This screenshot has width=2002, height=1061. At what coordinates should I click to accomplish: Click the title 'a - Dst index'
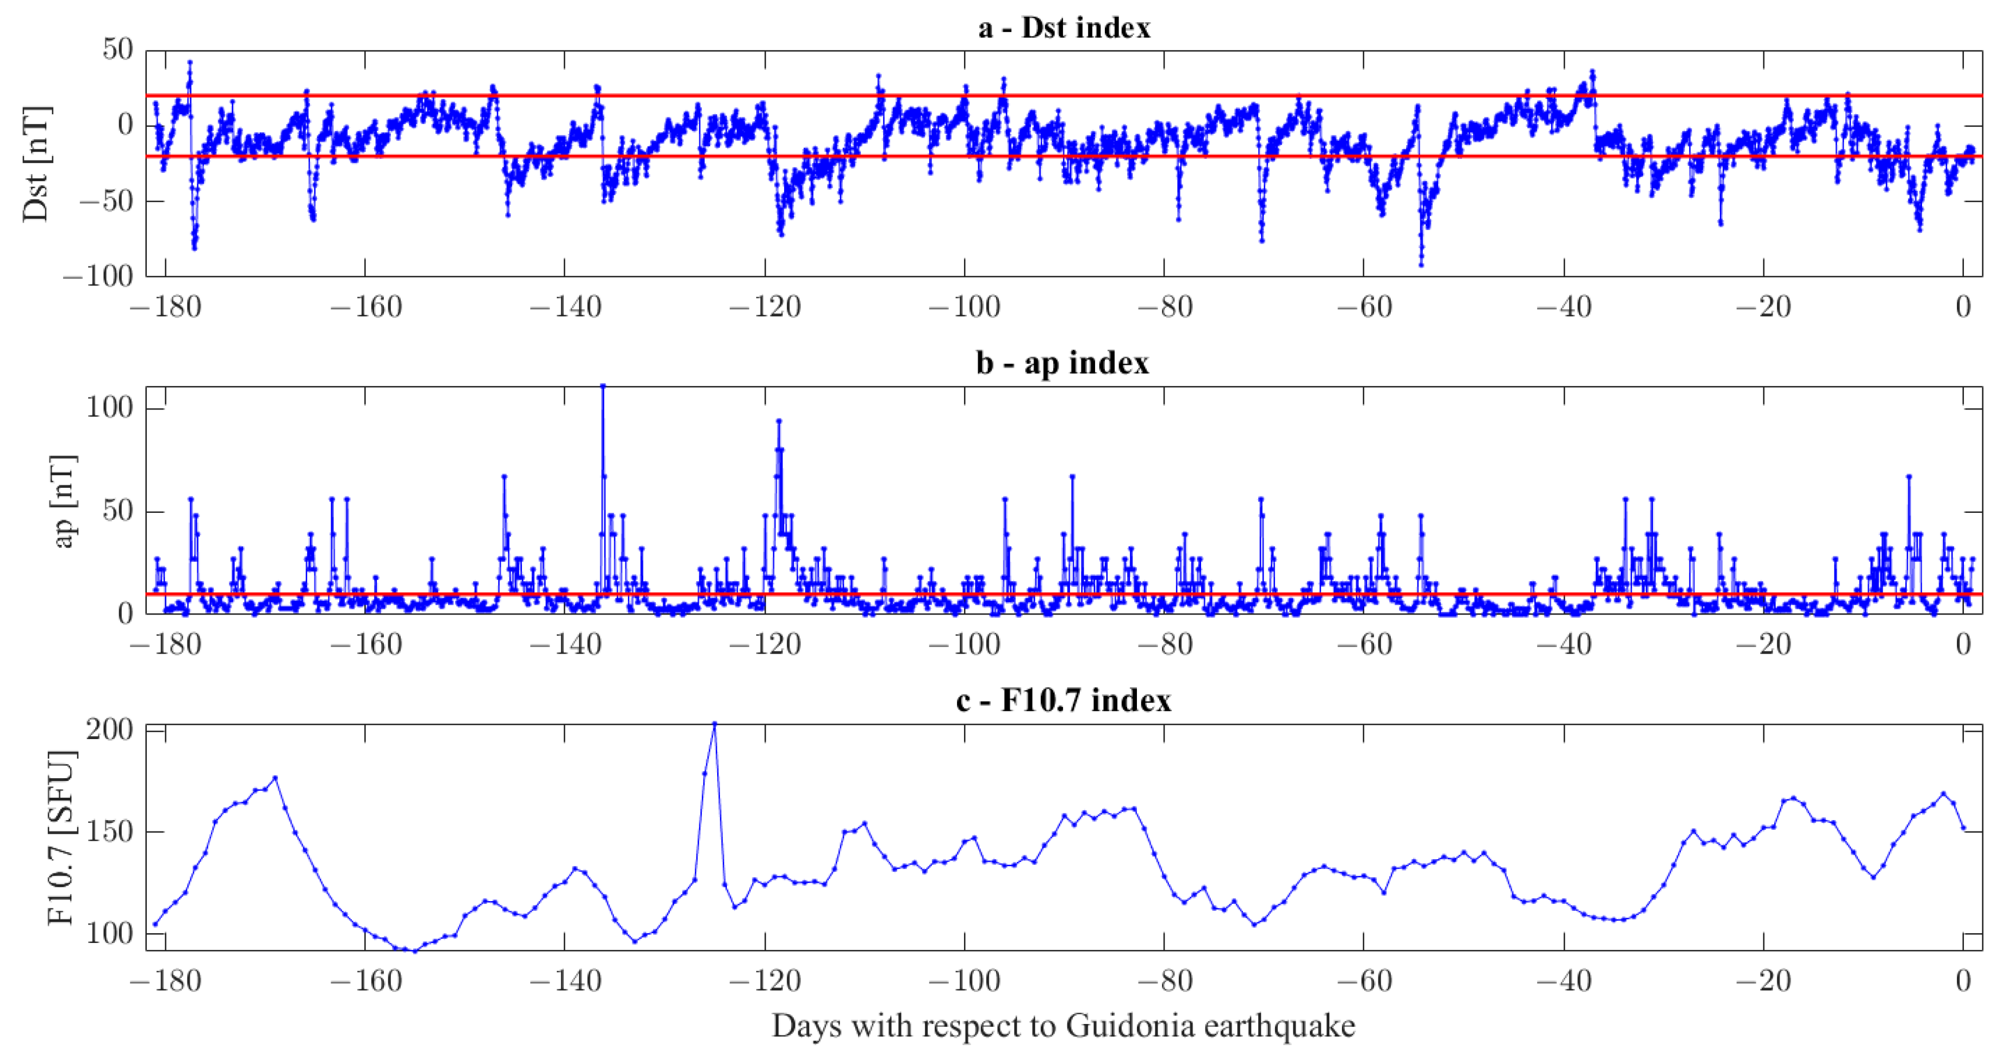(1063, 28)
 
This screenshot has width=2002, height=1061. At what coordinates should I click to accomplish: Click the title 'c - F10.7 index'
(1062, 700)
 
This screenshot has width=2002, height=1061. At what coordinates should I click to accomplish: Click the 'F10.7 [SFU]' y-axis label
(60, 838)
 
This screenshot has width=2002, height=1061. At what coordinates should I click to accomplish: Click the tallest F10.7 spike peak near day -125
(714, 724)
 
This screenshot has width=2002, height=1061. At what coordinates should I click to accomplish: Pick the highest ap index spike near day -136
(603, 386)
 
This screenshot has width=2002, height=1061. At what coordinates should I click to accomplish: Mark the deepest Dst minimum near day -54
(1421, 264)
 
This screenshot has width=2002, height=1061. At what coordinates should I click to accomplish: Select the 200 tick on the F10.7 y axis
(109, 730)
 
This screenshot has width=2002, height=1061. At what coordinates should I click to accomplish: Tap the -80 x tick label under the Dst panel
(1164, 307)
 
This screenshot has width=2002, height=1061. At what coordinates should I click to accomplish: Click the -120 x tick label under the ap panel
(764, 644)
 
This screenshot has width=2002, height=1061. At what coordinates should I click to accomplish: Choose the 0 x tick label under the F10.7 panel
(1963, 981)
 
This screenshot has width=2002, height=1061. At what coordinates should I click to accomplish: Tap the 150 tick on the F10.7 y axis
(109, 832)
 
